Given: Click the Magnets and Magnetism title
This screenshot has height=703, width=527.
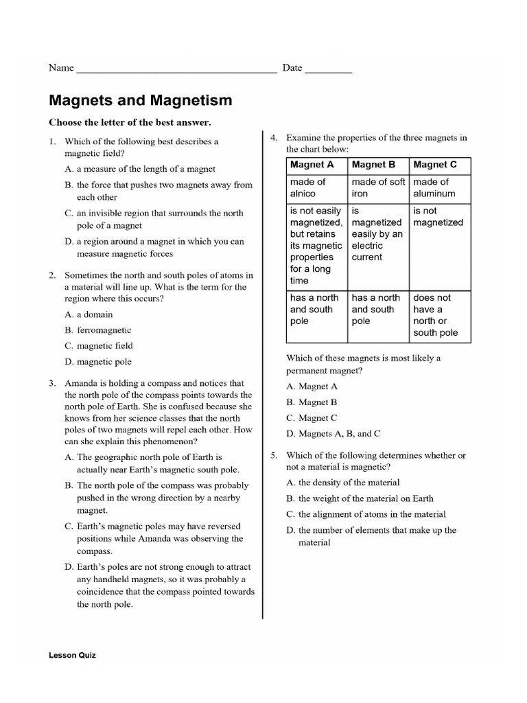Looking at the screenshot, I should coord(140,100).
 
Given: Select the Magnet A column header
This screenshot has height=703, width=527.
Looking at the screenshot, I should coord(312,165).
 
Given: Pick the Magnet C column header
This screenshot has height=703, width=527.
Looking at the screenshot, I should coord(435,165).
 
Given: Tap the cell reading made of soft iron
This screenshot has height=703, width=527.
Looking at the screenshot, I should coord(378,187).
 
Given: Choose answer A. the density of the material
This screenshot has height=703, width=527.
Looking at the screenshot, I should coord(343,483).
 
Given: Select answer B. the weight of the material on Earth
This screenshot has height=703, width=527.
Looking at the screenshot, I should coord(360,498).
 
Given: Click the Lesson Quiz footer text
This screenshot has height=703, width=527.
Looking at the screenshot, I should coord(72,655).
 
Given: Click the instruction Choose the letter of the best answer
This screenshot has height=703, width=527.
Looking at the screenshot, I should coord(130,122).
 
